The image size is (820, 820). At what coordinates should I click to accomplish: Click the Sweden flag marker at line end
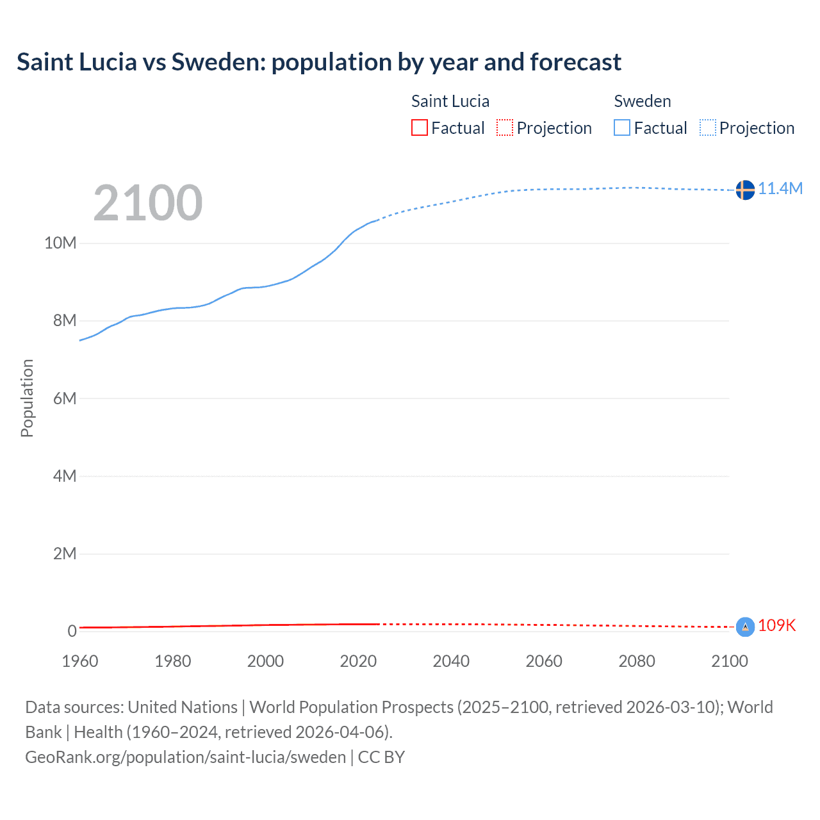pos(744,190)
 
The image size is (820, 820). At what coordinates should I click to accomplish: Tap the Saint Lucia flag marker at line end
pos(744,627)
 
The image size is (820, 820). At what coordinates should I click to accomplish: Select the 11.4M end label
pos(780,188)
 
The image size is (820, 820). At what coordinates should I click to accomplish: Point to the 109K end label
pos(776,625)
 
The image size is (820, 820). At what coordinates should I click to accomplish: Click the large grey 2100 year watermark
pos(148,203)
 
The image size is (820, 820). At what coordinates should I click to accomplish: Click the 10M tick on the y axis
pos(60,243)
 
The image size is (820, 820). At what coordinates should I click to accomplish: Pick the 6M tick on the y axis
pos(64,398)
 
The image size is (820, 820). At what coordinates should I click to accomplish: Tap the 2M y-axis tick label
pos(64,553)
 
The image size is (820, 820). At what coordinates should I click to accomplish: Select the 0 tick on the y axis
pos(72,631)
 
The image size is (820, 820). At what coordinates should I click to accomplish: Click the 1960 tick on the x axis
pos(80,661)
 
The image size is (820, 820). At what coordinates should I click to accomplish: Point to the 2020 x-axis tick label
pos(358,661)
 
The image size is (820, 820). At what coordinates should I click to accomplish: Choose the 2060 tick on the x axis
pos(544,661)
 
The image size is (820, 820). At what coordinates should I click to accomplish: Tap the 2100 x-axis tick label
pos(729,661)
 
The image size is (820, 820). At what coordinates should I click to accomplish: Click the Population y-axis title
pos(27,398)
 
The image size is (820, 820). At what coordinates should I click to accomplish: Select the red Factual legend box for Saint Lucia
pos(419,128)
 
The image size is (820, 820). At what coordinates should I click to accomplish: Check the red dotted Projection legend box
pos(505,128)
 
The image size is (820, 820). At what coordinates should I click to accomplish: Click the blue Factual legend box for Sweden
pos(622,128)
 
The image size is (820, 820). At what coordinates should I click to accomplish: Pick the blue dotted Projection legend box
pos(708,128)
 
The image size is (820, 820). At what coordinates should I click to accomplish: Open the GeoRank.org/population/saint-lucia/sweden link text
pos(185,757)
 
